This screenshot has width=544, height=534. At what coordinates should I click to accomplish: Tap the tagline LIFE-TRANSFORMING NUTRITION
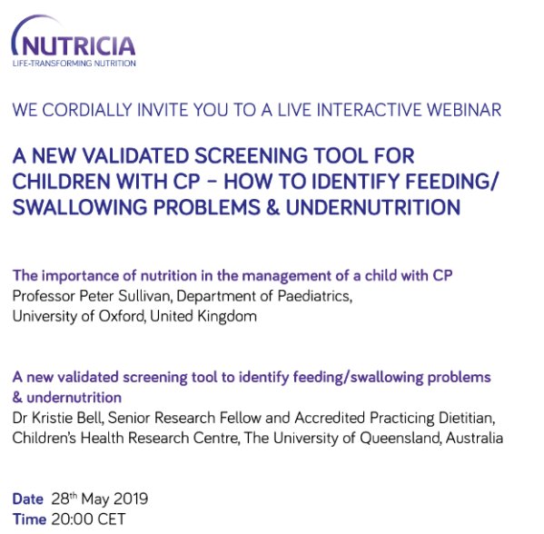(74, 64)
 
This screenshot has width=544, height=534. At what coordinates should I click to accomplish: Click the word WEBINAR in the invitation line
(463, 110)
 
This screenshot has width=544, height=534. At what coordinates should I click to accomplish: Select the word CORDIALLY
(87, 110)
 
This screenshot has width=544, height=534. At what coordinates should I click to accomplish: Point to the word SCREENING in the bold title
(251, 155)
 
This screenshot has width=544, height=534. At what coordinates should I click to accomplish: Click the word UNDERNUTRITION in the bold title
(373, 207)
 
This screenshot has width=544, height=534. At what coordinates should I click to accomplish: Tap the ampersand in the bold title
(273, 207)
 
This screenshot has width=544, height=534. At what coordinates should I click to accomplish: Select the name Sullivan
(144, 296)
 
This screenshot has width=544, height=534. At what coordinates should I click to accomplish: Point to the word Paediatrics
(315, 296)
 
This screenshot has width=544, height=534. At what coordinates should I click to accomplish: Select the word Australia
(474, 438)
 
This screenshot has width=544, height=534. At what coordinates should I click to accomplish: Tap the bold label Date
(28, 499)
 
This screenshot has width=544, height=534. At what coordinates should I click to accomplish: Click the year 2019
(131, 499)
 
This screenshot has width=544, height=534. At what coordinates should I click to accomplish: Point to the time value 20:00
(73, 519)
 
